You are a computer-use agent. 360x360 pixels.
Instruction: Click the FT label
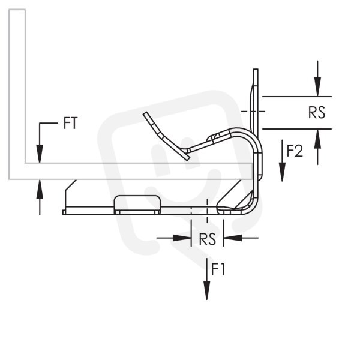(x=70, y=123)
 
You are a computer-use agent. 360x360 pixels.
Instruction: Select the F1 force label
(x=218, y=269)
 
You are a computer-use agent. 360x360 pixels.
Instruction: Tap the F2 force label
(x=295, y=151)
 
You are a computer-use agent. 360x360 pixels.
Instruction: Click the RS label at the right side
(x=317, y=113)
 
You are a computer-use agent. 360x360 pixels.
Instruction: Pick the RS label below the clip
(x=208, y=239)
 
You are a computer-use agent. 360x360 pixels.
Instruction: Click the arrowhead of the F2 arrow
(x=282, y=172)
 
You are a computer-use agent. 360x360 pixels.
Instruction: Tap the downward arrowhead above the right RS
(x=317, y=87)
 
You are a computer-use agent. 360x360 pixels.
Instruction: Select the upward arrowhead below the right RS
(x=317, y=139)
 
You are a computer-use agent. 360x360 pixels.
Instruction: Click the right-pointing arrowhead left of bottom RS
(x=182, y=238)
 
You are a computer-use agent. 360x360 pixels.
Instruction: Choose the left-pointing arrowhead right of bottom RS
(x=233, y=238)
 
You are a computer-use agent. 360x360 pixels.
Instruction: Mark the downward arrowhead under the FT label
(x=40, y=154)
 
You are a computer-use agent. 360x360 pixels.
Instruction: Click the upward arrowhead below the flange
(x=40, y=189)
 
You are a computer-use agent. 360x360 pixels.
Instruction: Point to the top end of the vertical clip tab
(x=256, y=69)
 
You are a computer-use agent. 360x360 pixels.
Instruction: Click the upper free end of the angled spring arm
(x=146, y=113)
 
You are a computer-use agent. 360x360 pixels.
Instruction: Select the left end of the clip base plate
(x=64, y=212)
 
